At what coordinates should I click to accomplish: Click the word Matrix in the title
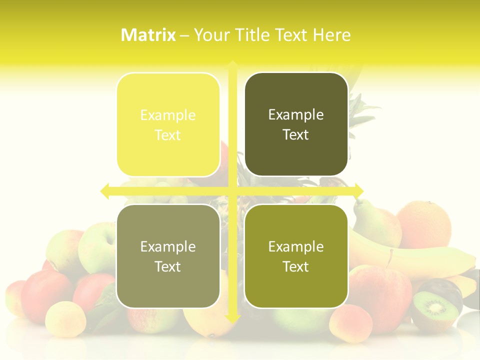click(x=148, y=35)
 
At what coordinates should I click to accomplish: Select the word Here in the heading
click(x=331, y=35)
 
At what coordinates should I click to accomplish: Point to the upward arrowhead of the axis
click(x=232, y=64)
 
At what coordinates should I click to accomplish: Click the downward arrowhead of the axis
click(x=232, y=317)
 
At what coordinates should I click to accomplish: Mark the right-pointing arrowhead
click(x=359, y=190)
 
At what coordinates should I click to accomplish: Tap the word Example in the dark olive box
click(x=296, y=115)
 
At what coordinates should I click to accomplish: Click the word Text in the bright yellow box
click(x=168, y=135)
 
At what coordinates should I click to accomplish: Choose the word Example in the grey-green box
click(x=168, y=246)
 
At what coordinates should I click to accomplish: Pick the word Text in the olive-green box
click(x=296, y=266)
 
